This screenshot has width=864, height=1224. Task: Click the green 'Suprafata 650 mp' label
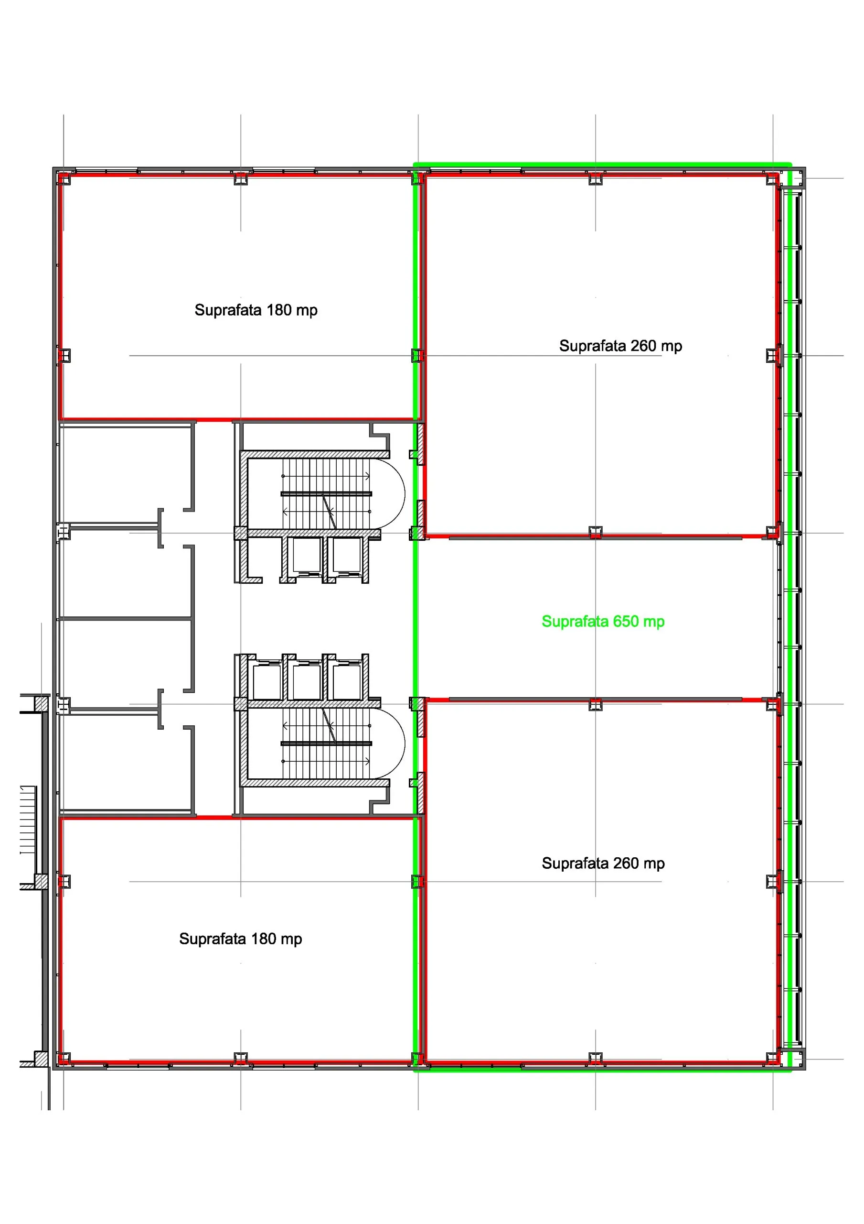coord(603,622)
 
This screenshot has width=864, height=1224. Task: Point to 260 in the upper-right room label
coord(644,346)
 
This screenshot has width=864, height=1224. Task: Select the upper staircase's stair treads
coord(326,493)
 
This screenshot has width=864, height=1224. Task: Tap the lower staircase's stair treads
coord(326,743)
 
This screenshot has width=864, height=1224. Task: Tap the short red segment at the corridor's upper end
coord(214,421)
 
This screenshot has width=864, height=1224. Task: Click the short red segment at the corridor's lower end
coord(214,816)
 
